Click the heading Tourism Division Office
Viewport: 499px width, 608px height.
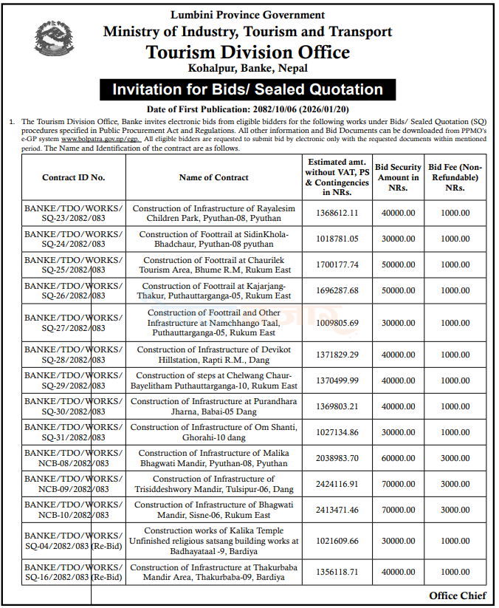(x=247, y=52)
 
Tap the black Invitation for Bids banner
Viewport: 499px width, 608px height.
(x=247, y=90)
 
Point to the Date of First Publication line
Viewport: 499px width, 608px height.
(x=247, y=109)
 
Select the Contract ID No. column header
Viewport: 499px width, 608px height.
(x=74, y=177)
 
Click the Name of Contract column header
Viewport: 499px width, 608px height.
(x=213, y=177)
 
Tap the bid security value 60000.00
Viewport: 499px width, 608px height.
(x=397, y=458)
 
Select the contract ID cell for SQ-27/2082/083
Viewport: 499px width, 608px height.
(x=74, y=323)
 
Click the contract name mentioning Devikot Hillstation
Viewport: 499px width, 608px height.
(x=213, y=355)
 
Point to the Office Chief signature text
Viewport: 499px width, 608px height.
(x=457, y=596)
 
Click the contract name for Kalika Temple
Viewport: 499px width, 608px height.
(x=213, y=541)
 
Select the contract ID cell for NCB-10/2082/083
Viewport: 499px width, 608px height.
(x=74, y=510)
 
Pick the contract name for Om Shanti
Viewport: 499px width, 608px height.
(x=213, y=432)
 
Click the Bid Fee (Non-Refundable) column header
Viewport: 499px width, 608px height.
(x=455, y=177)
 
